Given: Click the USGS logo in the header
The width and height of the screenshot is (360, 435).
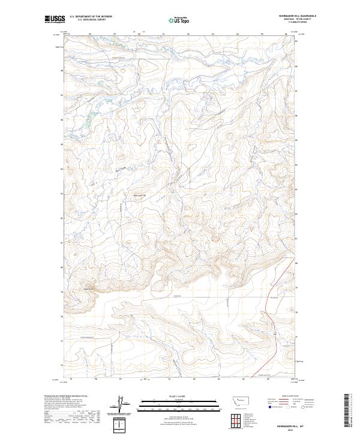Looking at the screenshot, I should [x=54, y=20].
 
